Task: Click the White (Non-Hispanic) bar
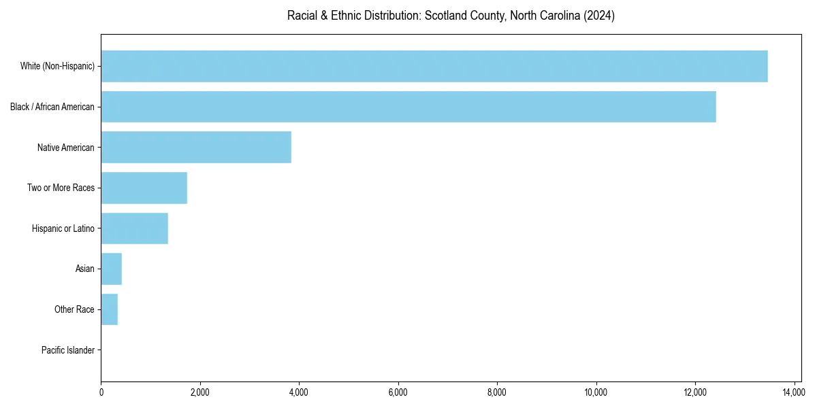pyautogui.click(x=434, y=66)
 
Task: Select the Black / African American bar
pyautogui.click(x=408, y=107)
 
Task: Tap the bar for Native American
pyautogui.click(x=196, y=148)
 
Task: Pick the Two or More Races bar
pyautogui.click(x=144, y=188)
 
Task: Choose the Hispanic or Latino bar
pyautogui.click(x=135, y=228)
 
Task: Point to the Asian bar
pyautogui.click(x=112, y=269)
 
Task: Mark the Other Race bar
pyautogui.click(x=110, y=310)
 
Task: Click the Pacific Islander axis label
pyautogui.click(x=67, y=351)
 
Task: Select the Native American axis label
pyautogui.click(x=65, y=148)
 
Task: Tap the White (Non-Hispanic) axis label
pyautogui.click(x=57, y=66)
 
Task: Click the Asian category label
pyautogui.click(x=84, y=269)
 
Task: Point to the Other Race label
pyautogui.click(x=74, y=310)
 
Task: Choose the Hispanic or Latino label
pyautogui.click(x=63, y=228)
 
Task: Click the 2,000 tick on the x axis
pyautogui.click(x=199, y=392)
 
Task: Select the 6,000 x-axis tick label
pyautogui.click(x=398, y=392)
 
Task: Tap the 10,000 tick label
pyautogui.click(x=596, y=392)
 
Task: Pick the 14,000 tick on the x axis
pyautogui.click(x=794, y=392)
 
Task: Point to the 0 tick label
pyautogui.click(x=101, y=392)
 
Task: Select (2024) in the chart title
pyautogui.click(x=599, y=16)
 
